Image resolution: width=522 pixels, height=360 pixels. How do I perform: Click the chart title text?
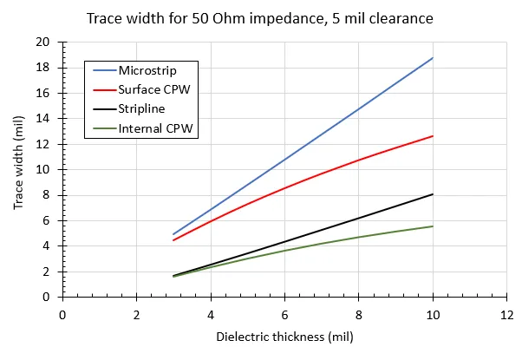coord(260,17)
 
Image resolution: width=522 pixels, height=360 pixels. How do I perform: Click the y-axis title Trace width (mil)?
coord(18,169)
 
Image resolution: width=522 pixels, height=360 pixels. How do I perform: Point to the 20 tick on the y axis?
coord(43,42)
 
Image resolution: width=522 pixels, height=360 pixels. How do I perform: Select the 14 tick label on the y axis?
coord(43,119)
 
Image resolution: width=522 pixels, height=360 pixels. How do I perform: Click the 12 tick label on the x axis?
coord(506,313)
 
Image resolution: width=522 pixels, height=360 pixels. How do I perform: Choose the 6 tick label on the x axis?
coord(284,313)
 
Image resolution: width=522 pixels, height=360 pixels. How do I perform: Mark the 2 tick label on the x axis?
coord(136,313)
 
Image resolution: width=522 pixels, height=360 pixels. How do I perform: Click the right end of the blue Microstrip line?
coord(433,57)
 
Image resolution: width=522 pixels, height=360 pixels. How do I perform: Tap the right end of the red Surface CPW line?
coord(433,135)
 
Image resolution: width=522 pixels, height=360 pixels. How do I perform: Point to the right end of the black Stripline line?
coord(433,194)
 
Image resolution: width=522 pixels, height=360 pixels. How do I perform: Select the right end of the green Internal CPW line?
coord(433,226)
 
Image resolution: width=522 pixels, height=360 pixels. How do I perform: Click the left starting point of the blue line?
coord(173,234)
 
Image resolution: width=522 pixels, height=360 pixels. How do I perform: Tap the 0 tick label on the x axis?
coord(62,313)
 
